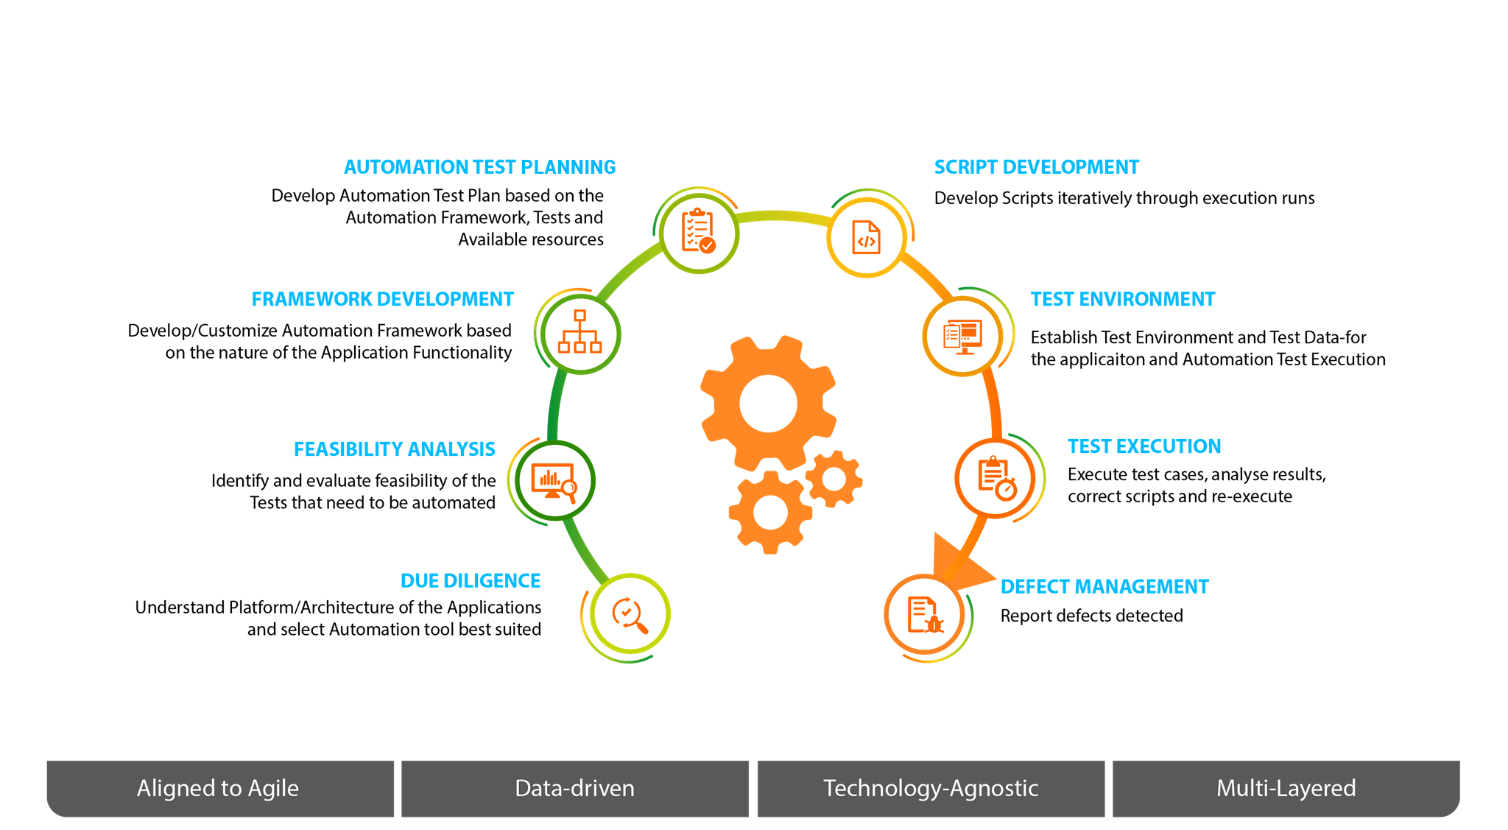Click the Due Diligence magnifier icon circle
630,613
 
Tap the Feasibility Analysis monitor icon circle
554,480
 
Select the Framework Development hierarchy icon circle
580,334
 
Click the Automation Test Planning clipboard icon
698,231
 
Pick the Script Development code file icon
866,237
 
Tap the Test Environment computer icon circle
962,337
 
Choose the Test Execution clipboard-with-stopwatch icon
996,478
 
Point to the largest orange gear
768,404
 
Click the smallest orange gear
834,479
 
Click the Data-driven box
574,788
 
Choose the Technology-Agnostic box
930,788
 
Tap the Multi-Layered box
1286,788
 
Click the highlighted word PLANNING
568,167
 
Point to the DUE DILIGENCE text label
470,580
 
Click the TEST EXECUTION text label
1144,446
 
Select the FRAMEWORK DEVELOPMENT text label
382,299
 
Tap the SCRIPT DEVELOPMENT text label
1035,167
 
